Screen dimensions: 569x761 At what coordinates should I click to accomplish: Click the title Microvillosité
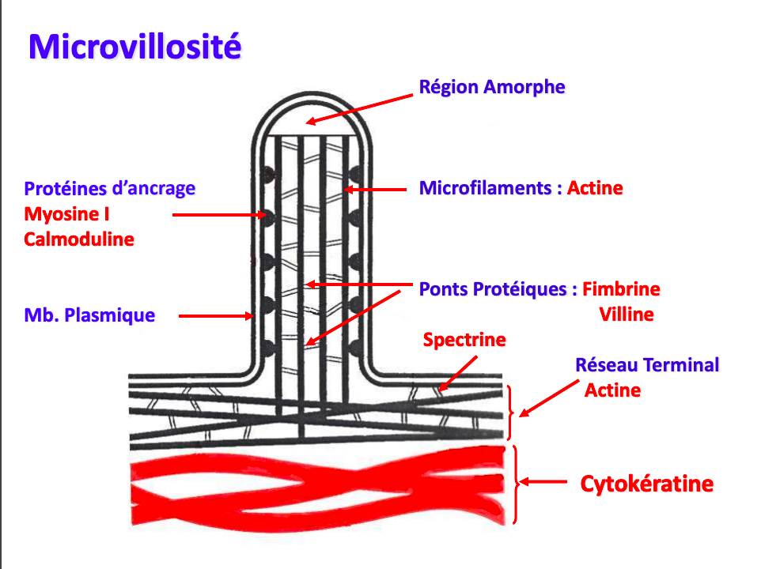tap(134, 47)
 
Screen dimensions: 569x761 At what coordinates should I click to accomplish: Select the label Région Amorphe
tap(492, 87)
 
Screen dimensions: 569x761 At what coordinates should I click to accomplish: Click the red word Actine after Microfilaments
tap(595, 189)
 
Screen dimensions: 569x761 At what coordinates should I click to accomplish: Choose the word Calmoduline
tap(79, 239)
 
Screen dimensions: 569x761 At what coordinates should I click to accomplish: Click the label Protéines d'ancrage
tap(109, 189)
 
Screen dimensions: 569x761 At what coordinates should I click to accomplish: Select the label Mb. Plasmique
tap(89, 315)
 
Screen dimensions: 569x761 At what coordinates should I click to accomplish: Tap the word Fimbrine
tap(621, 289)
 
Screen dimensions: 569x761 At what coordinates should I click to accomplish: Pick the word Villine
tap(627, 315)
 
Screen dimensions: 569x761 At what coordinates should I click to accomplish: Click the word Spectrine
tap(464, 340)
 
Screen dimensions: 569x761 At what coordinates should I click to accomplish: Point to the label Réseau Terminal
tap(647, 365)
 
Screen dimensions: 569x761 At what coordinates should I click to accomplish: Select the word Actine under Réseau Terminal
tap(612, 390)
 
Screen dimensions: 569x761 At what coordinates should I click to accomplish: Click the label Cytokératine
tap(647, 484)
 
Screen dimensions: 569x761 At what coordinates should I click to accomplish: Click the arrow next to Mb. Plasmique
tap(215, 316)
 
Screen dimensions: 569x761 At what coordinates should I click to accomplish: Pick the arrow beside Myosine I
tap(218, 214)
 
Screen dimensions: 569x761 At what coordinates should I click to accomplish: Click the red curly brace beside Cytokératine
tap(516, 484)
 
